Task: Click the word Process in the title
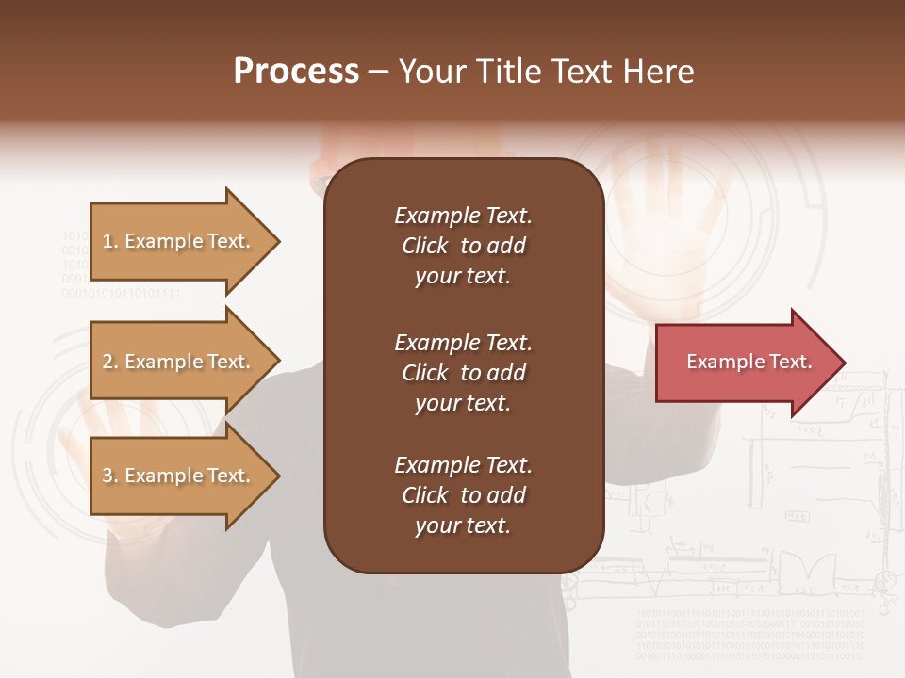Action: tap(296, 72)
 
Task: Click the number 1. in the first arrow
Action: tap(110, 242)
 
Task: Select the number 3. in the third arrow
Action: tap(110, 476)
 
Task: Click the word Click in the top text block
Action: tap(425, 247)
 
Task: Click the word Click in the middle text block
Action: tap(425, 373)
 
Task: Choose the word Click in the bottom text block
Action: tap(425, 496)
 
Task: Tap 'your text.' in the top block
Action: tap(463, 277)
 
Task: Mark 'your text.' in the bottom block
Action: tap(463, 526)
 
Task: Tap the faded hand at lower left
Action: tap(94, 452)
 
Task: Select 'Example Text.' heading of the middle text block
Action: tap(463, 343)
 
